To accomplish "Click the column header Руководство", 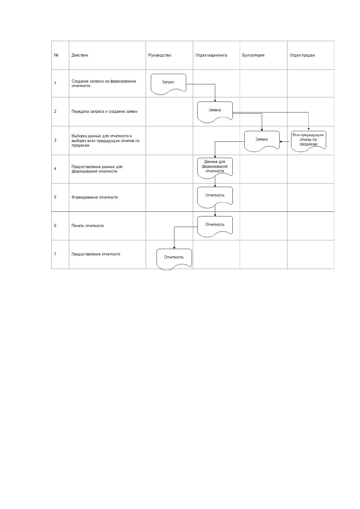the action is pyautogui.click(x=160, y=55).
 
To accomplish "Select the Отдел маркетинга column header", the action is pyautogui.click(x=211, y=55).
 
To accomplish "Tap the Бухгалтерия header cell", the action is pyautogui.click(x=253, y=55).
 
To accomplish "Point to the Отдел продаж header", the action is pyautogui.click(x=302, y=55).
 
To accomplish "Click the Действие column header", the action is pyautogui.click(x=79, y=55).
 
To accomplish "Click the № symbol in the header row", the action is pyautogui.click(x=56, y=55).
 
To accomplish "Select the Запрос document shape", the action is pyautogui.click(x=168, y=84).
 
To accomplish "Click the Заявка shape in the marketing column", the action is pyautogui.click(x=215, y=112).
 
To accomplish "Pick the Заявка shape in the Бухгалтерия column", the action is pyautogui.click(x=262, y=141).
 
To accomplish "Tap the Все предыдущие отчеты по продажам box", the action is pyautogui.click(x=308, y=141).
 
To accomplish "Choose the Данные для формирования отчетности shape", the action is pyautogui.click(x=215, y=168).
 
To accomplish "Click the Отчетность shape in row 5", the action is pyautogui.click(x=215, y=197).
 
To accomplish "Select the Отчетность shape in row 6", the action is pyautogui.click(x=215, y=227).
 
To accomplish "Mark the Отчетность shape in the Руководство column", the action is pyautogui.click(x=174, y=259).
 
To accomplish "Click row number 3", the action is pyautogui.click(x=55, y=141).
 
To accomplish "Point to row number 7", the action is pyautogui.click(x=55, y=254).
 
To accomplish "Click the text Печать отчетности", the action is pyautogui.click(x=87, y=226).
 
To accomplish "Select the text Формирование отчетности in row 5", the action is pyautogui.click(x=95, y=197).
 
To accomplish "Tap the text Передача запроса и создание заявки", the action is pyautogui.click(x=104, y=111).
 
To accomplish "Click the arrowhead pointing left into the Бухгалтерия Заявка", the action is pyautogui.click(x=281, y=141).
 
